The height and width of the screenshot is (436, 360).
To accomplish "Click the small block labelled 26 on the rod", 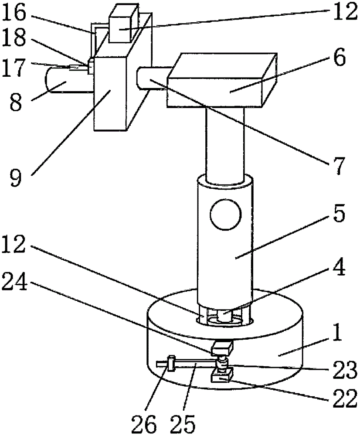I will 171,363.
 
